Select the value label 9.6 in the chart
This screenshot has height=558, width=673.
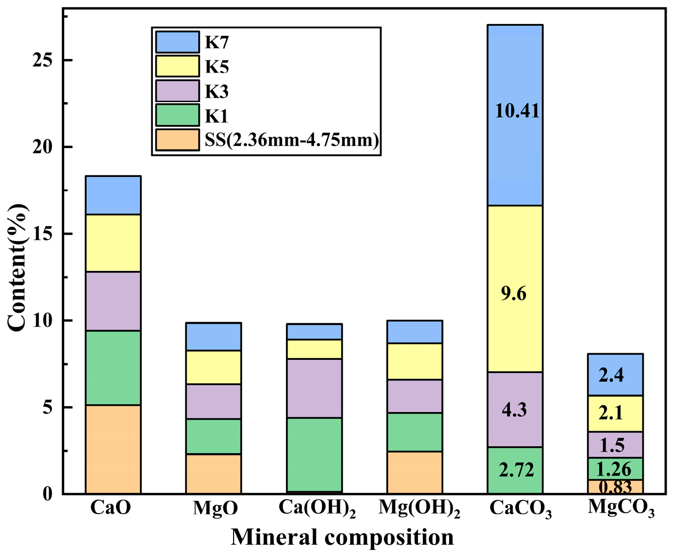(x=513, y=293)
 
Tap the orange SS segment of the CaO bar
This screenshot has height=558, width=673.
(x=113, y=449)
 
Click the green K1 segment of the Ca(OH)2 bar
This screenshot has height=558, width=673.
(x=314, y=454)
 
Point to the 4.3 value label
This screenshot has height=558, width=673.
(x=514, y=410)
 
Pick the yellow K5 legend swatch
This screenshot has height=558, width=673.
(x=177, y=67)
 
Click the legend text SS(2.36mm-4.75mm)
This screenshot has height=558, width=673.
(x=292, y=140)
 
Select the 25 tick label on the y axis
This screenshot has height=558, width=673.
(x=43, y=60)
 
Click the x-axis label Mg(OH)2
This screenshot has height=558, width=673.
(x=419, y=508)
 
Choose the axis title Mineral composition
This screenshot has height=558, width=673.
(x=342, y=537)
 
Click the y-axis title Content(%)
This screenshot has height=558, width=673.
(x=17, y=267)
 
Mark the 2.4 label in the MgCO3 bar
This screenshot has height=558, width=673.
(x=611, y=375)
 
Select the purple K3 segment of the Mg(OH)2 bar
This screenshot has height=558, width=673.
(x=414, y=396)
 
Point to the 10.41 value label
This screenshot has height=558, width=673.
(x=517, y=111)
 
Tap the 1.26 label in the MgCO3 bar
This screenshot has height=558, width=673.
(x=613, y=469)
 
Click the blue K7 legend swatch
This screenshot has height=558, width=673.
(x=177, y=42)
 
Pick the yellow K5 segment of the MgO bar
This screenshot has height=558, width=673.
(x=213, y=367)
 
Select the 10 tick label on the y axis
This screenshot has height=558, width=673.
(x=43, y=321)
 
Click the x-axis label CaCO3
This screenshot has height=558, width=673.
(x=520, y=508)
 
